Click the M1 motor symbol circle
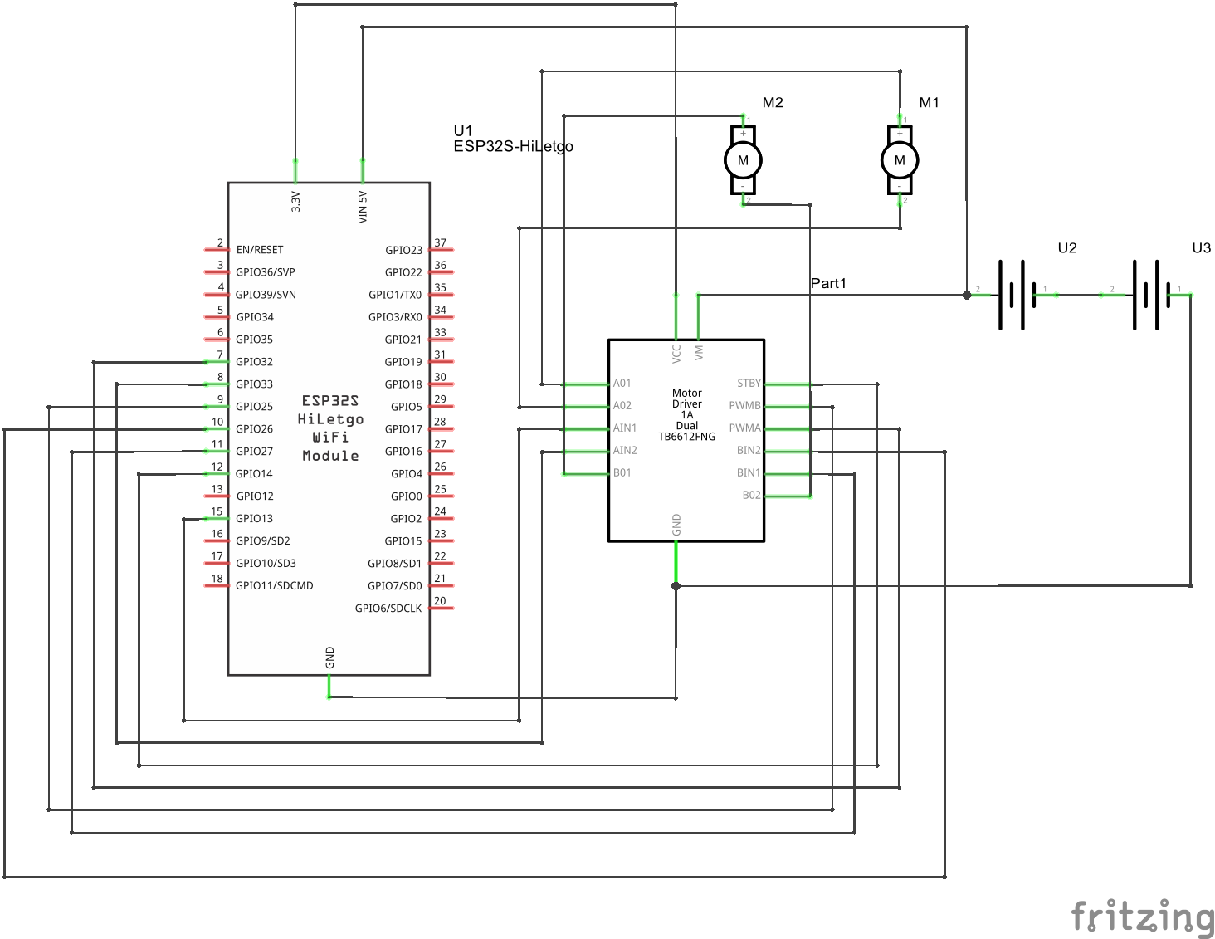coord(900,160)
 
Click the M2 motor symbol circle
coord(743,160)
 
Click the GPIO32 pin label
coord(254,362)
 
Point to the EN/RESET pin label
coord(260,250)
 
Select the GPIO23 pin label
coord(403,250)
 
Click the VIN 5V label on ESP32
coord(363,207)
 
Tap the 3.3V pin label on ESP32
coord(295,202)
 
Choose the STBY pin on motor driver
coord(749,384)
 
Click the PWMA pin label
coord(744,428)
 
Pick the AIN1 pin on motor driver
coord(625,428)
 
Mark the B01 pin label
coord(622,473)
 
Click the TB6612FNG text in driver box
coord(686,437)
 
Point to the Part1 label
coord(828,283)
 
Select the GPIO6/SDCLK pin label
coord(388,609)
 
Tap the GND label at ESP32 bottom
coord(329,658)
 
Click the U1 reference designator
coord(463,130)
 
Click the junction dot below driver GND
coord(676,586)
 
